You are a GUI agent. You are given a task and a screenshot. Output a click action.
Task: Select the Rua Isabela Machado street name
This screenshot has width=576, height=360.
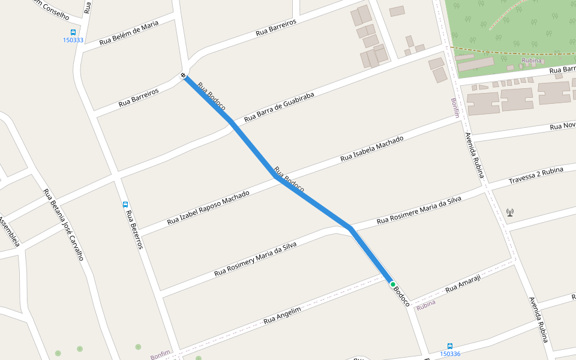372,149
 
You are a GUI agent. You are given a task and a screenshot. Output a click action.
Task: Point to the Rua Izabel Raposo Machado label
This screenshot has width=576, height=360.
208,208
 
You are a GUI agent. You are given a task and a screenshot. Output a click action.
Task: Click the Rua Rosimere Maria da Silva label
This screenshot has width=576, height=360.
419,210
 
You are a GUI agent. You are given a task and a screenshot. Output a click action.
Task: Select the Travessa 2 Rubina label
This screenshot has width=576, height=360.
536,176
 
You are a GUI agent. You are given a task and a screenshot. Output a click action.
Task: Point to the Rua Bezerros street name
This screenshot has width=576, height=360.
134,229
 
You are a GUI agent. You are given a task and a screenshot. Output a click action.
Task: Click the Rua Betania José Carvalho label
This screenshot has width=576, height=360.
63,224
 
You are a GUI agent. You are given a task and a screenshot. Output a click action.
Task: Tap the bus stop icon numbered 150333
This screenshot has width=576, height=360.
73,32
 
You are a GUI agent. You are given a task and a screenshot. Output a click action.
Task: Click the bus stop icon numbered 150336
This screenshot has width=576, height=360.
450,346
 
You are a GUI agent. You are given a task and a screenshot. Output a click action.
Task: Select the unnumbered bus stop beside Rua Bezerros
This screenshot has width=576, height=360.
125,204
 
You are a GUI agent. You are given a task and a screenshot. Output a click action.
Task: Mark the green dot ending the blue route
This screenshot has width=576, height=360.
393,284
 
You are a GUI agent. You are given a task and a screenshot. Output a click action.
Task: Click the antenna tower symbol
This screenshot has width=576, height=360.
510,212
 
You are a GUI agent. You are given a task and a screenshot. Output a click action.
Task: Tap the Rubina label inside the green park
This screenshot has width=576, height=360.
531,61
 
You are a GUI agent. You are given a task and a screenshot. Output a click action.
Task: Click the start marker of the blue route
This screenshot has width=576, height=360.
183,76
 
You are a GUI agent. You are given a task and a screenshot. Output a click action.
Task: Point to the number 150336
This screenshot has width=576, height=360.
450,354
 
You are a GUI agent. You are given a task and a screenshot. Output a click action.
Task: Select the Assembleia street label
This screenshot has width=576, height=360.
10,232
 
